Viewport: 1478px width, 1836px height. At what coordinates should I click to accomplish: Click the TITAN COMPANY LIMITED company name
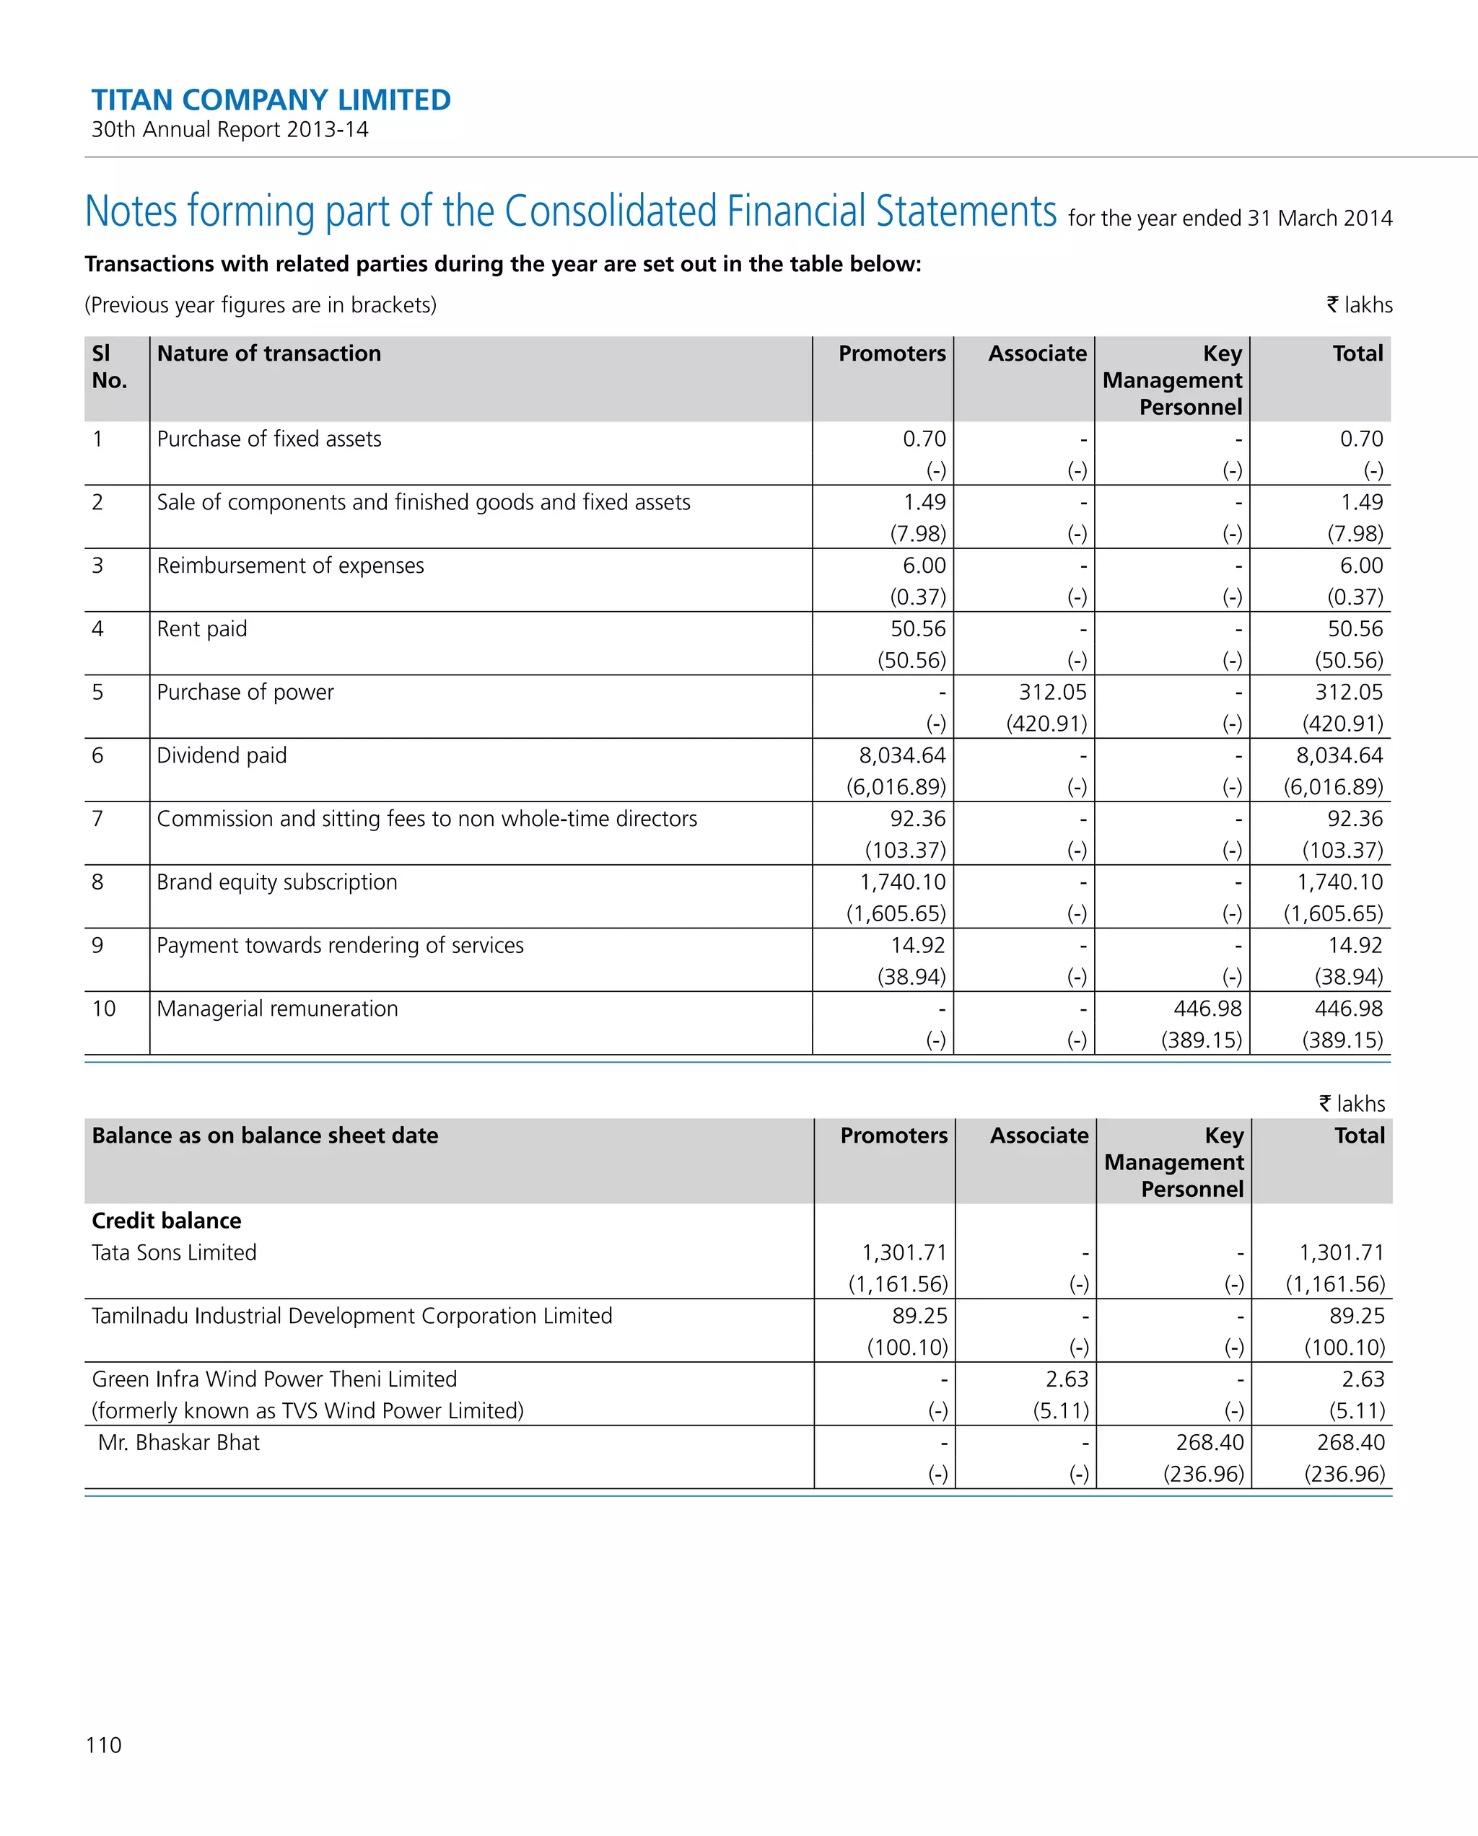click(x=271, y=100)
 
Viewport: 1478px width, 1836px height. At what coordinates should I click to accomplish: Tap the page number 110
click(x=103, y=1745)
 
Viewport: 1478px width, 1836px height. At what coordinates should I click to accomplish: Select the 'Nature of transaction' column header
click(x=268, y=353)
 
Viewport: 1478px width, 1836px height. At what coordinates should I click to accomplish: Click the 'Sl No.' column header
click(x=108, y=366)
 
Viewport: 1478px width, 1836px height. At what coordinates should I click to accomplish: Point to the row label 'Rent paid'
click(x=202, y=628)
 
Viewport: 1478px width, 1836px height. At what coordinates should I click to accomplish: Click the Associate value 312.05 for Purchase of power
click(x=1052, y=692)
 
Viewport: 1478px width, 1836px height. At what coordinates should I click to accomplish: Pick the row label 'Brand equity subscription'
click(x=277, y=882)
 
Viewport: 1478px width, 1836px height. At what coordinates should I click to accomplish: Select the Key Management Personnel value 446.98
click(x=1207, y=1009)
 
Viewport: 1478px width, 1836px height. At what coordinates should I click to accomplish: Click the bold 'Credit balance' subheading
click(x=166, y=1221)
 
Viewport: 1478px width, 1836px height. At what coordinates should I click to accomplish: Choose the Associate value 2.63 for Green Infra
click(x=1067, y=1379)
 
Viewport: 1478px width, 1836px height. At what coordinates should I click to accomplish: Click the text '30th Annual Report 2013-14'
click(x=230, y=129)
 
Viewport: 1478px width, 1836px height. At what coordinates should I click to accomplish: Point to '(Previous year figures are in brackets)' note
click(x=261, y=305)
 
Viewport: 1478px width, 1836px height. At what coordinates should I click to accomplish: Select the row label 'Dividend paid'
click(x=222, y=755)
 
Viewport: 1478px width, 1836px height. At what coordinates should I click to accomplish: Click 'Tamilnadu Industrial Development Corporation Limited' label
click(x=352, y=1316)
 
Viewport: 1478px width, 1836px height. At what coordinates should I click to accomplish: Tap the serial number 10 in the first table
click(x=103, y=1009)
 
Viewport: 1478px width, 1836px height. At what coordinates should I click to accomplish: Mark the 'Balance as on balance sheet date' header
click(x=265, y=1136)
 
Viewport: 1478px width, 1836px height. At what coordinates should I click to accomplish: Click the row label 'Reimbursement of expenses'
click(x=289, y=566)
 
